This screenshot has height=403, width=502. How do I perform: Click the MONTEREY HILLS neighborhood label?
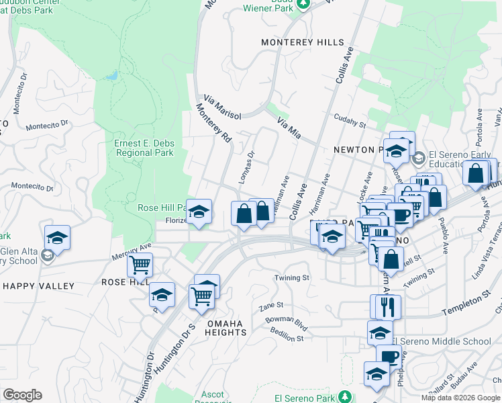(x=302, y=42)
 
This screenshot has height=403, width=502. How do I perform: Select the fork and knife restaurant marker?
(x=385, y=307)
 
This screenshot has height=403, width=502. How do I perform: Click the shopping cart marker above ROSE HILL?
(x=140, y=265)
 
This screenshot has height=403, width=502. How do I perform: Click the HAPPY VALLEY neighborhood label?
(x=39, y=286)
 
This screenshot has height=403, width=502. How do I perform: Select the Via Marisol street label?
(x=221, y=106)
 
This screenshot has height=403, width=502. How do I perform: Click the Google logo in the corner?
(x=22, y=395)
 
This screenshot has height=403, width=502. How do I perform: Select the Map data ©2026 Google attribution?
(x=460, y=398)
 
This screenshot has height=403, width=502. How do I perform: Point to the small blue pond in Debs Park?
(x=112, y=75)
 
